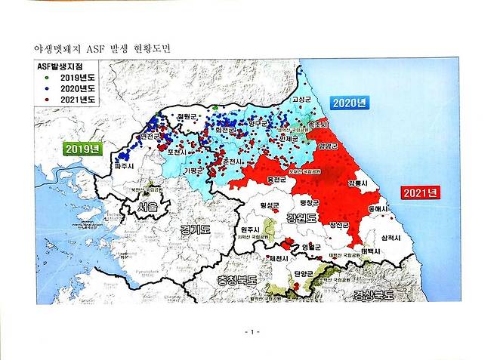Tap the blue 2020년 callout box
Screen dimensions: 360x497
[350, 103]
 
